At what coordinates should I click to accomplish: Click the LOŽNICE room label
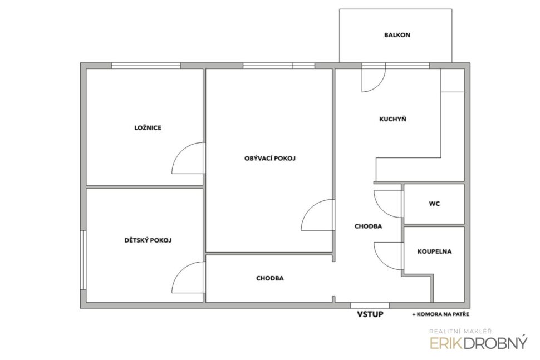pos(148,128)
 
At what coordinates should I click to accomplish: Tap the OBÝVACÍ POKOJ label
pos(270,159)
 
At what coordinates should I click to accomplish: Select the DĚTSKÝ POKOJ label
pos(148,240)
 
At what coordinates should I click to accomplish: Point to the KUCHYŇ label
pos(392,119)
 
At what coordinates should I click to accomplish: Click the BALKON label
pos(397,35)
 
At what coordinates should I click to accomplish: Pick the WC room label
pos(434,204)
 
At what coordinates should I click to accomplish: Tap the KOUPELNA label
pos(434,251)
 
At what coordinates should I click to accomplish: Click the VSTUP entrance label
pos(370,314)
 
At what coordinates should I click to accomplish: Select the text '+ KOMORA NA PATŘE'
pos(440,314)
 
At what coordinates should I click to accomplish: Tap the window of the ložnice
pos(146,66)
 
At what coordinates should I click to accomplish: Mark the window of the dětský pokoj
pos(83,260)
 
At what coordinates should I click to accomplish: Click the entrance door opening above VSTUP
pos(370,305)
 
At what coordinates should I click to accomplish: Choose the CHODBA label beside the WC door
pos(368,226)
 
